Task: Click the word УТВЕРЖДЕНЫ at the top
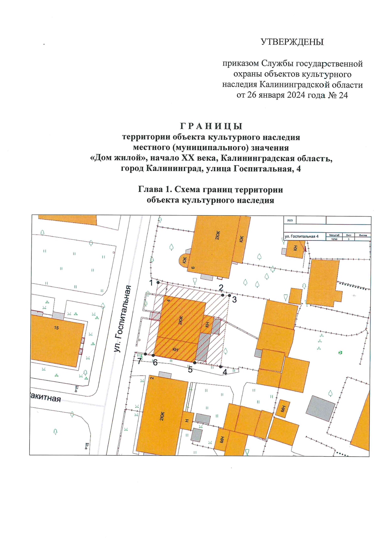pyautogui.click(x=292, y=42)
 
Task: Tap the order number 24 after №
pyautogui.click(x=343, y=95)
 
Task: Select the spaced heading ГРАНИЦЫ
pyautogui.click(x=211, y=126)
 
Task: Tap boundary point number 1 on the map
pyautogui.click(x=151, y=283)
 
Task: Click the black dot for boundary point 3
pyautogui.click(x=230, y=296)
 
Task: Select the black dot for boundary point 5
pyautogui.click(x=194, y=363)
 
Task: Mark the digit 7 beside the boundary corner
pyautogui.click(x=139, y=361)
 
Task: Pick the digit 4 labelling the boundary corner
pyautogui.click(x=225, y=372)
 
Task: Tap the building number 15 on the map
pyautogui.click(x=56, y=328)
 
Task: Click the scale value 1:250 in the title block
pyautogui.click(x=334, y=239)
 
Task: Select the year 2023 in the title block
pyautogui.click(x=290, y=220)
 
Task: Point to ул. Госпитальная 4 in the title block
pyautogui.click(x=301, y=237)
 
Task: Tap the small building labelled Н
pyautogui.click(x=187, y=421)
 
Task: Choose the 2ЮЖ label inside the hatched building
pyautogui.click(x=181, y=320)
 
